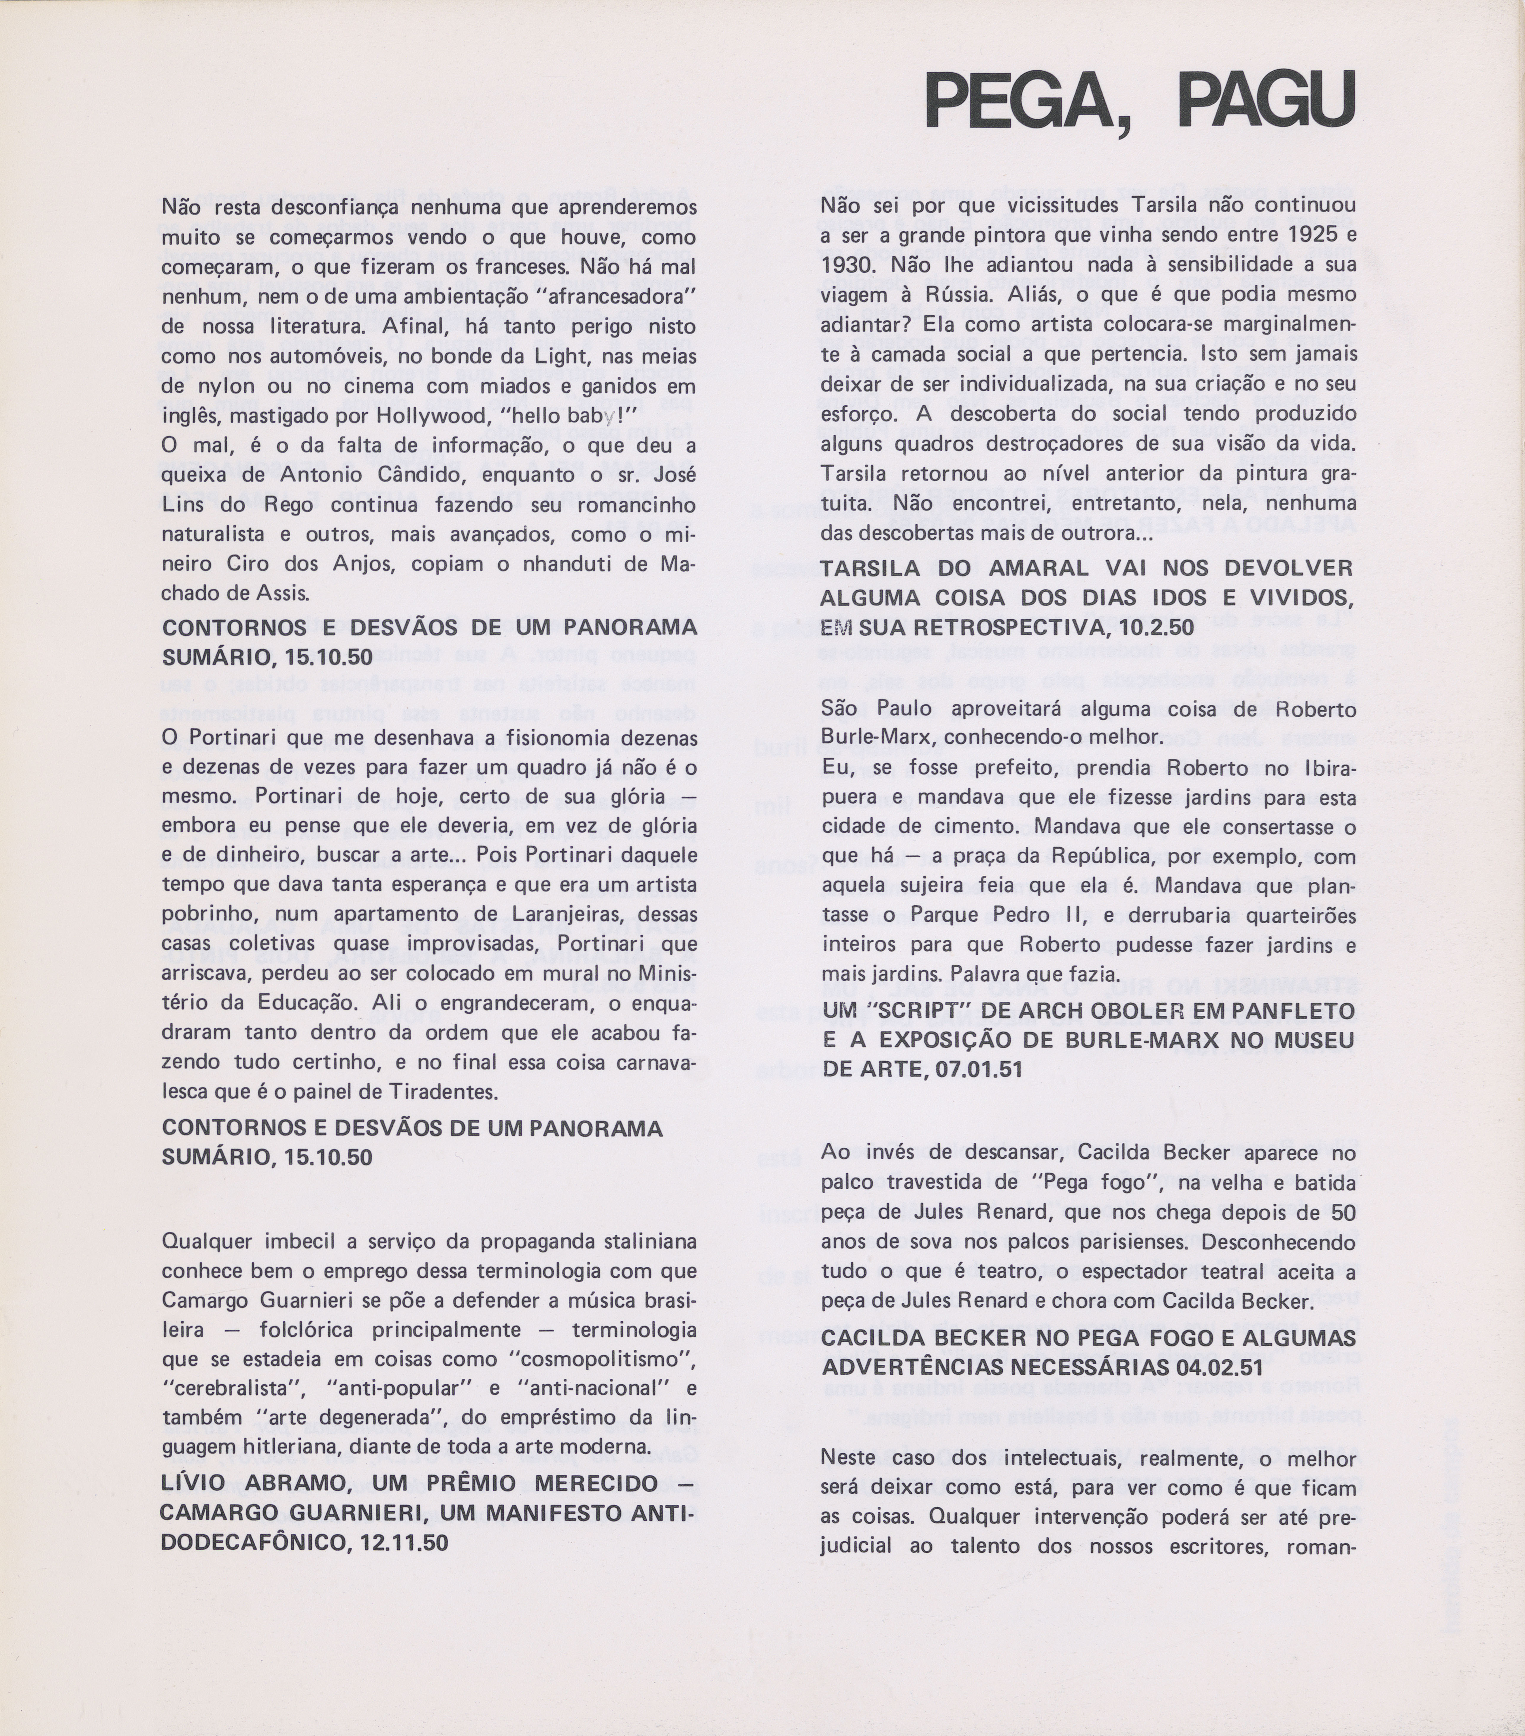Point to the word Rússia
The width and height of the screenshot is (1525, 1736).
(x=959, y=294)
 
